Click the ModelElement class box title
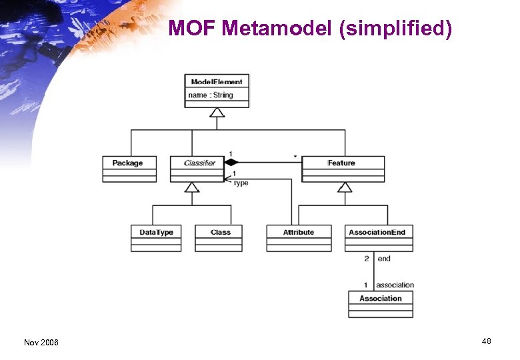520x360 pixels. [x=217, y=81]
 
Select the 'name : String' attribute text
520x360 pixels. [x=211, y=95]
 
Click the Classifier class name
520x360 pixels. [x=199, y=163]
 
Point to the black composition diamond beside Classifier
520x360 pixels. [x=231, y=162]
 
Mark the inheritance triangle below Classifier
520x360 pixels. [x=192, y=187]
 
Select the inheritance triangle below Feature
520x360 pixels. [x=345, y=187]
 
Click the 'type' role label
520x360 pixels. [x=241, y=183]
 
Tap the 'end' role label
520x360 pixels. [x=384, y=259]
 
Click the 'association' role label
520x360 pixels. [x=395, y=285]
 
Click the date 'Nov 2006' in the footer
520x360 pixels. [x=41, y=342]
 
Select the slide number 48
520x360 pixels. [x=486, y=341]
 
